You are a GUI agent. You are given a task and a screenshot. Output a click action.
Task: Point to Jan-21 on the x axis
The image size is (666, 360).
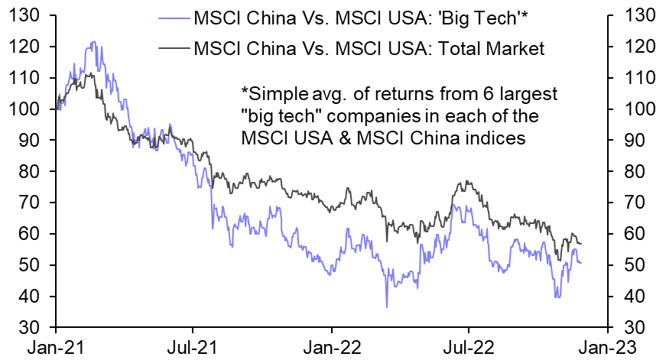pyautogui.click(x=57, y=345)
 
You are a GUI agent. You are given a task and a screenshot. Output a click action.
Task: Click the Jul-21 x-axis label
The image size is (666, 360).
pyautogui.click(x=193, y=345)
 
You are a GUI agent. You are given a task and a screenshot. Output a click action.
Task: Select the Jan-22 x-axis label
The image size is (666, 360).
pyautogui.click(x=332, y=345)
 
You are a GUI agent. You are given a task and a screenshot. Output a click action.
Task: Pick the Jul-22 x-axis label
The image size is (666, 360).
pyautogui.click(x=468, y=345)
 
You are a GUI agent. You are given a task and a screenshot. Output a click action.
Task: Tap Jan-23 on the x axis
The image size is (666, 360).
pyautogui.click(x=607, y=345)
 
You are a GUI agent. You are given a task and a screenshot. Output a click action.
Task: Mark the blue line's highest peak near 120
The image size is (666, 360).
pyautogui.click(x=93, y=42)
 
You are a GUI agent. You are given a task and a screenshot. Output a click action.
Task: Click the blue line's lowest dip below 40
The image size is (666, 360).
pyautogui.click(x=387, y=307)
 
